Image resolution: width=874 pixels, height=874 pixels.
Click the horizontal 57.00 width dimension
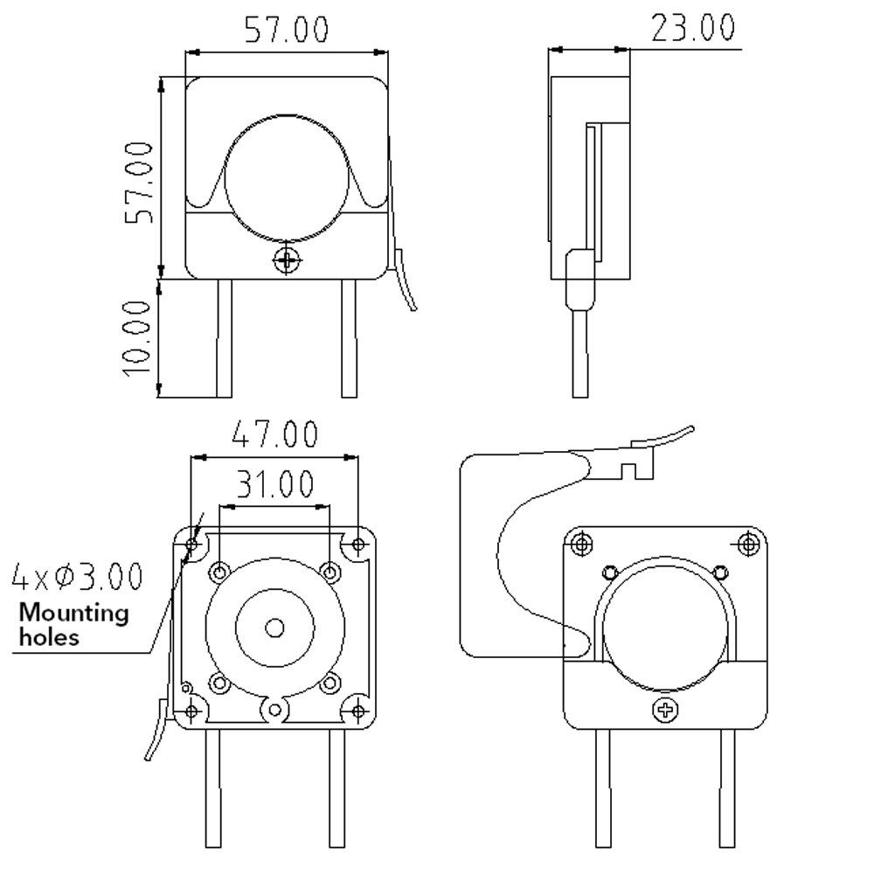click(286, 29)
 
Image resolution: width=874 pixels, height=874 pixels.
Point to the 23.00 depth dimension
click(693, 27)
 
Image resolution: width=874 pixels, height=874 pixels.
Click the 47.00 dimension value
click(274, 434)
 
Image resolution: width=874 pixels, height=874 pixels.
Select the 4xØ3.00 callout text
click(77, 577)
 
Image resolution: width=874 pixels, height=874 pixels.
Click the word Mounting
click(73, 613)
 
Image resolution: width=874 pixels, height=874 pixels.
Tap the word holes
click(48, 636)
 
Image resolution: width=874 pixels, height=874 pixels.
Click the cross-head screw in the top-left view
click(287, 260)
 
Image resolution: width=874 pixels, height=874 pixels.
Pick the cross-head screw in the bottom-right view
click(665, 710)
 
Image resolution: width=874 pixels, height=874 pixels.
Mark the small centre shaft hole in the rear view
click(275, 628)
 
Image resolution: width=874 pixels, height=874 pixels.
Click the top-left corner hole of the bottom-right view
click(582, 545)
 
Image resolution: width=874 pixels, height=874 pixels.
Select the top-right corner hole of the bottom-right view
click(748, 545)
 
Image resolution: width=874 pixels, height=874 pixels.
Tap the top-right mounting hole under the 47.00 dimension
click(357, 546)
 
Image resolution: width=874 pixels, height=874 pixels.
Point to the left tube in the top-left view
click(224, 337)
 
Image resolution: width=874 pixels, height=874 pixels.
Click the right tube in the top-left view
click(349, 337)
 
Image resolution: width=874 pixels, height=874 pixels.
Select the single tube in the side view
click(580, 350)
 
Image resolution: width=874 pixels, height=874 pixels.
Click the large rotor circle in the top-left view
click(287, 177)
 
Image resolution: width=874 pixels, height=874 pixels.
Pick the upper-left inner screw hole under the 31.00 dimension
click(218, 572)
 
